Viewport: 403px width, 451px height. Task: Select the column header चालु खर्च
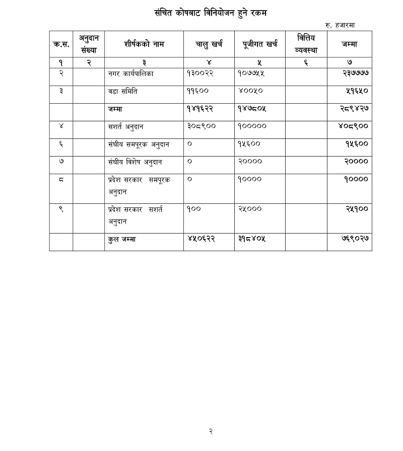209,44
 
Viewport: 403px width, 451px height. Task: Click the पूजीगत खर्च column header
260,44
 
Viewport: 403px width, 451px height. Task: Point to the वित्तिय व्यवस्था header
306,44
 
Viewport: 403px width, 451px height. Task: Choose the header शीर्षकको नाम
144,44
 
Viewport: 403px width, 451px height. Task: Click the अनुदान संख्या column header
88,44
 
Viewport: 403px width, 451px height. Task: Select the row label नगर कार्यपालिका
130,73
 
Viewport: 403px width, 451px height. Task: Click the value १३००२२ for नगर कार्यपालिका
201,73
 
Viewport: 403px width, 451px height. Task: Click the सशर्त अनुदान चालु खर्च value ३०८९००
201,126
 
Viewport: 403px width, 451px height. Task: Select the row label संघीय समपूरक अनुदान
139,144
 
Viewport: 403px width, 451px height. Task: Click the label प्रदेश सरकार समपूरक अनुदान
139,185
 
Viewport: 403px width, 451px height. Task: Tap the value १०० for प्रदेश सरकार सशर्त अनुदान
194,209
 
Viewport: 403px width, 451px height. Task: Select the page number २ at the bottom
211,431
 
